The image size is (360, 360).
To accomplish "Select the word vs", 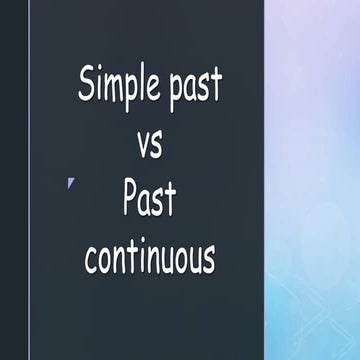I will click(148, 143).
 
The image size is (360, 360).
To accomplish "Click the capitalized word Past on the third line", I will click(149, 199).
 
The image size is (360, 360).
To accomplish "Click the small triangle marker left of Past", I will click(71, 182).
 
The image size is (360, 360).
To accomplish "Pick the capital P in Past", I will click(130, 198).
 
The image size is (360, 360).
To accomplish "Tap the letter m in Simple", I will click(109, 87).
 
